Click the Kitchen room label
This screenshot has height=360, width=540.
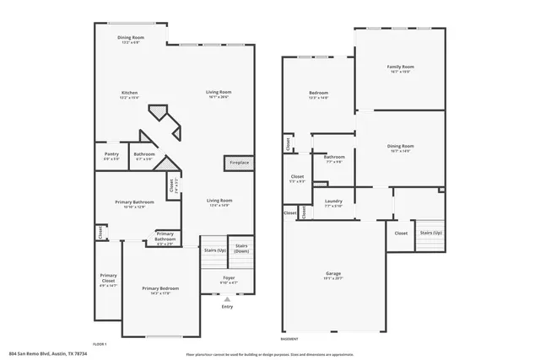pyautogui.click(x=129, y=94)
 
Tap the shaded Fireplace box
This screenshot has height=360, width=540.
pyautogui.click(x=235, y=162)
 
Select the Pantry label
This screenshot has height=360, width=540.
pyautogui.click(x=111, y=156)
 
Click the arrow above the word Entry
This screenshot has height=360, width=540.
pyautogui.click(x=226, y=298)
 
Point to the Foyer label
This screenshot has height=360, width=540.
pyautogui.click(x=229, y=278)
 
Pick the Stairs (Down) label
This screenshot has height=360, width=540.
pyautogui.click(x=241, y=249)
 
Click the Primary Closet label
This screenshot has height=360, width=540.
pyautogui.click(x=108, y=277)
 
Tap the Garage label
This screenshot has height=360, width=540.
pyautogui.click(x=333, y=276)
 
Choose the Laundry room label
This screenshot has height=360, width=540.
pyautogui.click(x=333, y=202)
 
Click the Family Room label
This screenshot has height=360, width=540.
pyautogui.click(x=400, y=68)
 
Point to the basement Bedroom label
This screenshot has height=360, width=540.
pyautogui.click(x=318, y=94)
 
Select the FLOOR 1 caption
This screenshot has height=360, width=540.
pyautogui.click(x=100, y=344)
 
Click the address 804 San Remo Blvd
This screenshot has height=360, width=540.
pyautogui.click(x=47, y=354)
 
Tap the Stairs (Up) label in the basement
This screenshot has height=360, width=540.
pyautogui.click(x=430, y=233)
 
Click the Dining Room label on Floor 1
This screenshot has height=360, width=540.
pyautogui.click(x=131, y=39)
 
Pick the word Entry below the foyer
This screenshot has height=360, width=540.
pyautogui.click(x=226, y=307)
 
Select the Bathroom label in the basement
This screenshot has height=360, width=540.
pyautogui.click(x=333, y=158)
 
